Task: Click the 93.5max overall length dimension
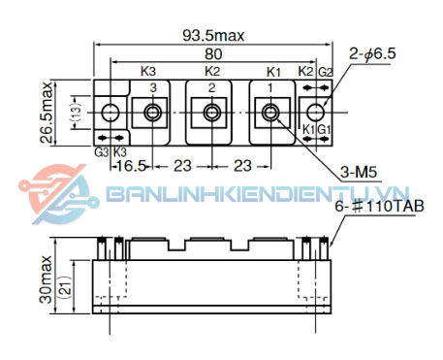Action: (213, 35)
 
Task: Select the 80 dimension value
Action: (213, 54)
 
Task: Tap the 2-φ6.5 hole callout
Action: (372, 53)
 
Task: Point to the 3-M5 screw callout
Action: (359, 172)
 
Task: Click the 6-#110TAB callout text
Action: (379, 206)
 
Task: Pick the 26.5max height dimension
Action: (47, 113)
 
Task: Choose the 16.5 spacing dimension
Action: (131, 166)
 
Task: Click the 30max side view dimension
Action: (46, 279)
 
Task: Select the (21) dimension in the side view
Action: (66, 286)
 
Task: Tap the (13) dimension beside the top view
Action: (76, 113)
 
